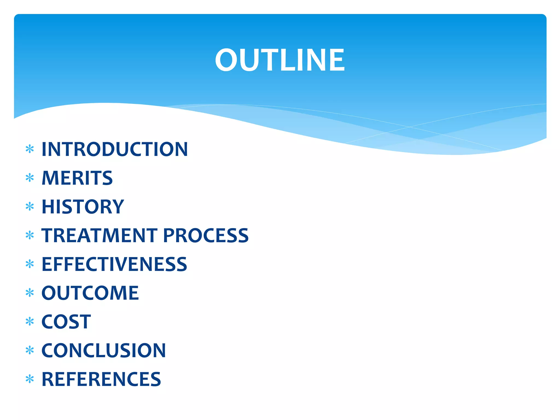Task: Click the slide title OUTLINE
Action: [280, 60]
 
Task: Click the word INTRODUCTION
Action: [115, 149]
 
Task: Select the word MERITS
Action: [77, 178]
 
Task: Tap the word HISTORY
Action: [83, 207]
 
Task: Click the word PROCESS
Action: [206, 235]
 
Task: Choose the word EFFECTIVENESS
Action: [114, 264]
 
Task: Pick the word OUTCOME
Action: [90, 293]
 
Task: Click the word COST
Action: [66, 322]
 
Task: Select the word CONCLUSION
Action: [104, 351]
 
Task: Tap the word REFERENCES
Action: [101, 380]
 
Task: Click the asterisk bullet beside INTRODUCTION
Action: [30, 149]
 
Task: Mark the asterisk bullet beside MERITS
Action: [30, 178]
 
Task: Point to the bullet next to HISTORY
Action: [30, 206]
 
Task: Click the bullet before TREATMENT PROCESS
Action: [30, 235]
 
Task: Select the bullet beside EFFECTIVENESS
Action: [30, 264]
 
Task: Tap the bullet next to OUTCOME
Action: [30, 293]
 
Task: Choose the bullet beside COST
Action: [30, 322]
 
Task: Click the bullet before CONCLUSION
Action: [30, 350]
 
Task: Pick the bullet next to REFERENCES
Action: [30, 379]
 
